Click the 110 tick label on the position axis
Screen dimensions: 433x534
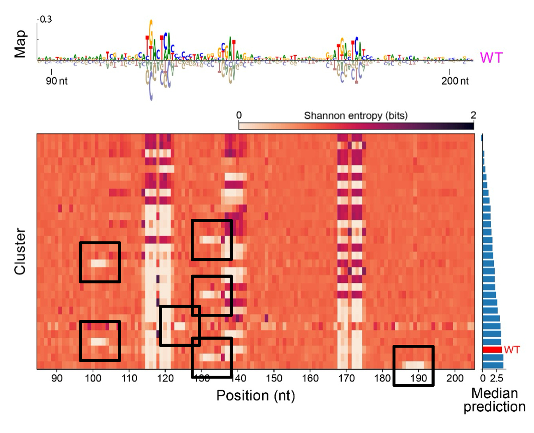[x=129, y=378]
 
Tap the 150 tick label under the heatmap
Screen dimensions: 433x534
[x=274, y=378]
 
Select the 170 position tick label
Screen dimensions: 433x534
[x=346, y=378]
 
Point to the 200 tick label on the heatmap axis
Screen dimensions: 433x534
[x=455, y=378]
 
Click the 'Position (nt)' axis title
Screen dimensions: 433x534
[x=255, y=396]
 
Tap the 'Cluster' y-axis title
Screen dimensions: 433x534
[x=20, y=251]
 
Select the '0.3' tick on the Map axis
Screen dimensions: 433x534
[x=46, y=19]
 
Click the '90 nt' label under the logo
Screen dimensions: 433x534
[x=56, y=81]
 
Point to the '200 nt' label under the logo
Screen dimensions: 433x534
[x=455, y=81]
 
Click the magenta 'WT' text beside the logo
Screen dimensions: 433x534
[x=491, y=58]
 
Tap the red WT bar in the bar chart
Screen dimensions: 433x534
[x=492, y=350]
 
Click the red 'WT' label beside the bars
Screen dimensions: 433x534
[x=512, y=350]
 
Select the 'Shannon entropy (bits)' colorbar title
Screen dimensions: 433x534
[x=356, y=116]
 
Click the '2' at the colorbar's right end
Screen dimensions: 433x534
[x=473, y=115]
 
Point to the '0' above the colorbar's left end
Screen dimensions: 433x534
[x=239, y=115]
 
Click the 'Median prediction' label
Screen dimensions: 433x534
[x=494, y=400]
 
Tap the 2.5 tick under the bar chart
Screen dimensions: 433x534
[x=497, y=378]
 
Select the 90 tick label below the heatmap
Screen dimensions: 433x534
[x=57, y=378]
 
